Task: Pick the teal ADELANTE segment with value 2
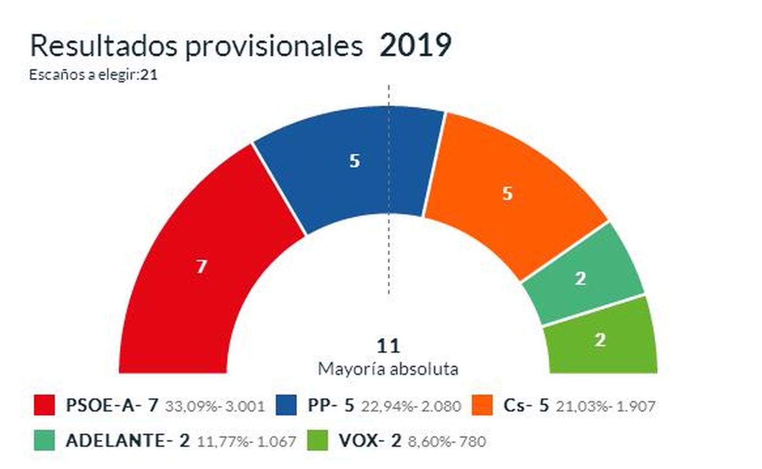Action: pyautogui.click(x=583, y=276)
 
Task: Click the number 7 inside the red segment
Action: pyautogui.click(x=201, y=266)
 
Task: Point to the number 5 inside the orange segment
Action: pyautogui.click(x=507, y=193)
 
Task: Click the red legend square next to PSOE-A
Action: pyautogui.click(x=44, y=405)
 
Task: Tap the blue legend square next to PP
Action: pyautogui.click(x=286, y=405)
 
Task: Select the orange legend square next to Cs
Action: pyautogui.click(x=482, y=405)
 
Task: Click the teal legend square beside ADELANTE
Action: pyautogui.click(x=44, y=440)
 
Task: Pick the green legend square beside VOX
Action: pyautogui.click(x=318, y=440)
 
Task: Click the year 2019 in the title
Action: pyautogui.click(x=415, y=46)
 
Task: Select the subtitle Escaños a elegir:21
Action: pyautogui.click(x=93, y=75)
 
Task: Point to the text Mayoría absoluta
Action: pyautogui.click(x=388, y=369)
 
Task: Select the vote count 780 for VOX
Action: pyautogui.click(x=473, y=442)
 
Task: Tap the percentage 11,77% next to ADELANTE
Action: pyautogui.click(x=223, y=442)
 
